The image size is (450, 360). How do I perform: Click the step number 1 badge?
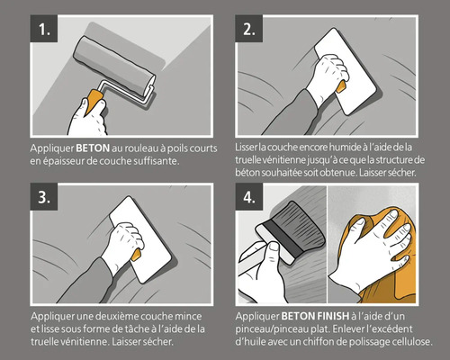pos(44,29)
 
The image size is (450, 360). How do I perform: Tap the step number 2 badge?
pos(248,29)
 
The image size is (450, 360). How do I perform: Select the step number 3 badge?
pos(44,197)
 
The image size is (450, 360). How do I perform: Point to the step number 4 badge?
pos(249,197)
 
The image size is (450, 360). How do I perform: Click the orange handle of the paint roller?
pos(94,103)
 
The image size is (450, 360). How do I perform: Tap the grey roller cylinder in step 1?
pos(114,66)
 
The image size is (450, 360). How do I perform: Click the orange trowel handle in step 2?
pos(341,87)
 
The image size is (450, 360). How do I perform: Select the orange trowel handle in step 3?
pos(136,256)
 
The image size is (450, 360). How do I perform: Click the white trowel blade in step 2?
pos(345,71)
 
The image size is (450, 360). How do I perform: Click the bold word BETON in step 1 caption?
pos(93,148)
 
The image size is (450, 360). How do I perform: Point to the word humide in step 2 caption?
pos(345,148)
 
